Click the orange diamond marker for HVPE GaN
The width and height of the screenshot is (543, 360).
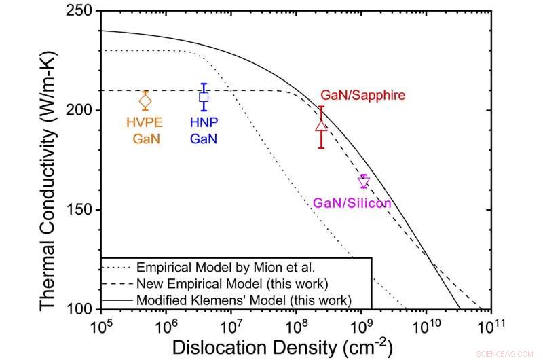pyautogui.click(x=145, y=101)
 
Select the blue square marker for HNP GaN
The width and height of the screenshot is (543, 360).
pyautogui.click(x=204, y=97)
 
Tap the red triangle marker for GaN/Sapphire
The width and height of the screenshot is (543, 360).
pyautogui.click(x=322, y=126)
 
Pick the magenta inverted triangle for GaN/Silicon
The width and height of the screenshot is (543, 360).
pyautogui.click(x=364, y=182)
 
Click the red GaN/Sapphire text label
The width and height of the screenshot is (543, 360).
pyautogui.click(x=362, y=95)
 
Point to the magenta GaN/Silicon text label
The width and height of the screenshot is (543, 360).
pyautogui.click(x=352, y=202)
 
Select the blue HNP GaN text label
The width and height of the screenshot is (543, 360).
pyautogui.click(x=204, y=131)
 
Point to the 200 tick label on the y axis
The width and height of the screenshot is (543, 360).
pyautogui.click(x=79, y=111)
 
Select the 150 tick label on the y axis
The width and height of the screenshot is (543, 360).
pyautogui.click(x=79, y=210)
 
